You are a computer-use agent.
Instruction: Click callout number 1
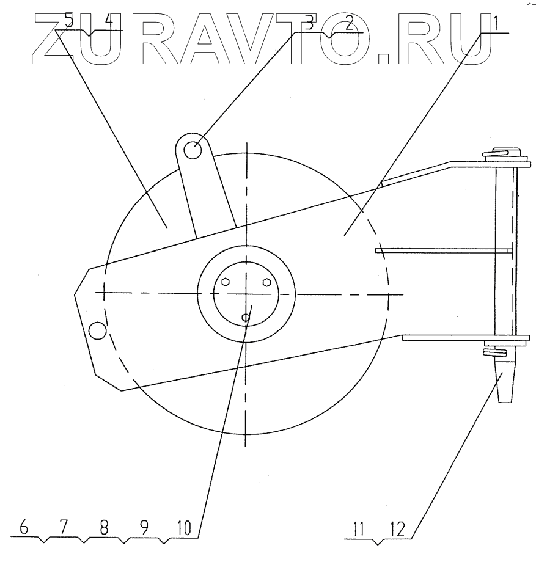(x=495, y=23)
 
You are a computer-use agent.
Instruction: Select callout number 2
(x=349, y=23)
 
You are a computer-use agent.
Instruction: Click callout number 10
(x=184, y=528)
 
